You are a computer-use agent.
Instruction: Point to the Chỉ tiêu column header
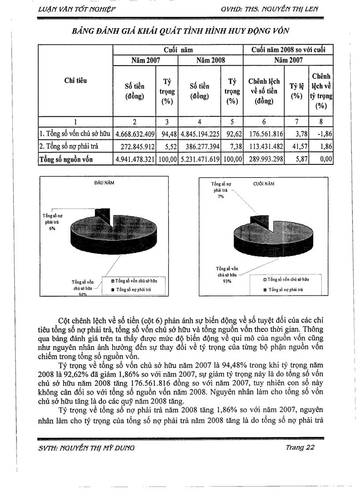tap(75, 81)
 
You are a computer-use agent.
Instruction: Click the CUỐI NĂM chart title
tap(263, 184)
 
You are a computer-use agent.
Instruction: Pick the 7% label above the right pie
tap(221, 196)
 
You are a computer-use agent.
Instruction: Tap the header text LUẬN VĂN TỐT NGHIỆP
tap(77, 9)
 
